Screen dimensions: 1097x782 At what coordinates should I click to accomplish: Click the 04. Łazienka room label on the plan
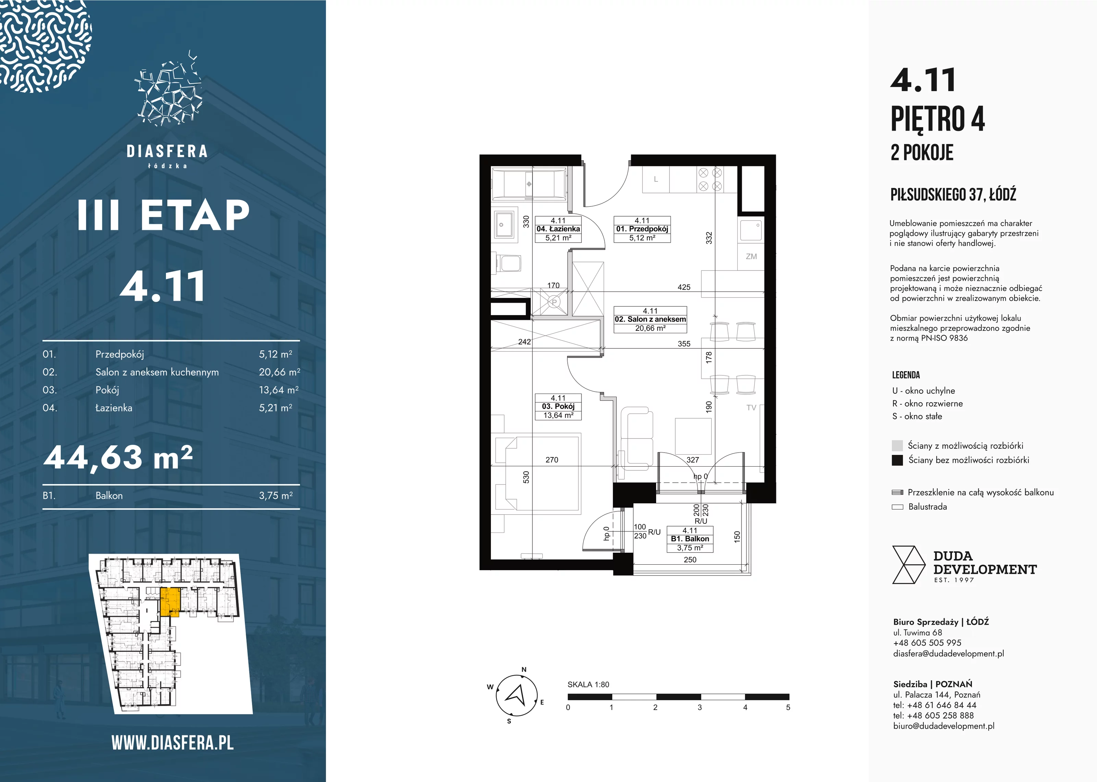pyautogui.click(x=558, y=229)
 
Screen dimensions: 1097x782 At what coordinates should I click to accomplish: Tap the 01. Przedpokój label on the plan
pyautogui.click(x=642, y=229)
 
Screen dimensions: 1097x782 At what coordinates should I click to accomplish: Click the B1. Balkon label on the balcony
pyautogui.click(x=690, y=539)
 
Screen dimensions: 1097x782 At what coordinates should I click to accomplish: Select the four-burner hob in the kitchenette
pyautogui.click(x=710, y=179)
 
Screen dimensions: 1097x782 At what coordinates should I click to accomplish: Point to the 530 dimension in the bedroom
pyautogui.click(x=526, y=477)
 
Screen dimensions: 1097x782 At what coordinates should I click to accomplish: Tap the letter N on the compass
pyautogui.click(x=524, y=669)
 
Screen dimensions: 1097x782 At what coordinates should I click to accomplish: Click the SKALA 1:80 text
pyautogui.click(x=588, y=685)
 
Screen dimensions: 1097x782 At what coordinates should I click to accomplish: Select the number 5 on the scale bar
pyautogui.click(x=788, y=707)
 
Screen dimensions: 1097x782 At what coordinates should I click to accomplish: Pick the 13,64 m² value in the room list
pyautogui.click(x=279, y=390)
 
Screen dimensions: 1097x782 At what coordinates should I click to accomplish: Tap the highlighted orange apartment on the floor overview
pyautogui.click(x=169, y=602)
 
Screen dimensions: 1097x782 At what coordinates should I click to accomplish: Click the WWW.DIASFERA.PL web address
pyautogui.click(x=172, y=743)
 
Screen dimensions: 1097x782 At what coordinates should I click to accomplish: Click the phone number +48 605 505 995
pyautogui.click(x=927, y=643)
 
